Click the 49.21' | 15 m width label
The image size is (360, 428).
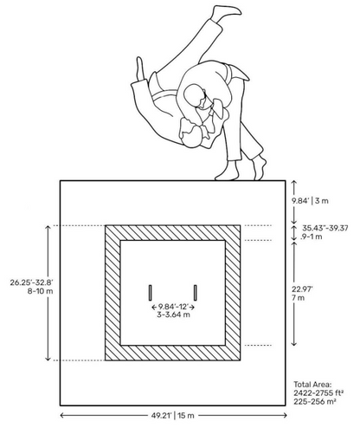173,416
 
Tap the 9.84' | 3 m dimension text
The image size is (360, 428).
310,201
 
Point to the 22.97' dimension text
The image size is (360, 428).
302,289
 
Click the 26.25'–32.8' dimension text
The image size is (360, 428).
32,282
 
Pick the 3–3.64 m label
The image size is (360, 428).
173,315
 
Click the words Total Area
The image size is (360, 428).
312,385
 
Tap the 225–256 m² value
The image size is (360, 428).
315,402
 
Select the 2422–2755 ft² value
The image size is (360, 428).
318,393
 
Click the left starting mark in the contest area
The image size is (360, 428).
151,293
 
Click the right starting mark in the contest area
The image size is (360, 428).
196,293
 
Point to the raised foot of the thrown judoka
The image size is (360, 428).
227,10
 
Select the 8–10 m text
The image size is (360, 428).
40,291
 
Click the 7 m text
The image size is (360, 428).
298,298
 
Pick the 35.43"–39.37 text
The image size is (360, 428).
325,228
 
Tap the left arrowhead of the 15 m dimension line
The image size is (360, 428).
62,416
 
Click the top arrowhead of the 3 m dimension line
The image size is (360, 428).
294,183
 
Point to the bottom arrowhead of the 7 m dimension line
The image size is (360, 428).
294,343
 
